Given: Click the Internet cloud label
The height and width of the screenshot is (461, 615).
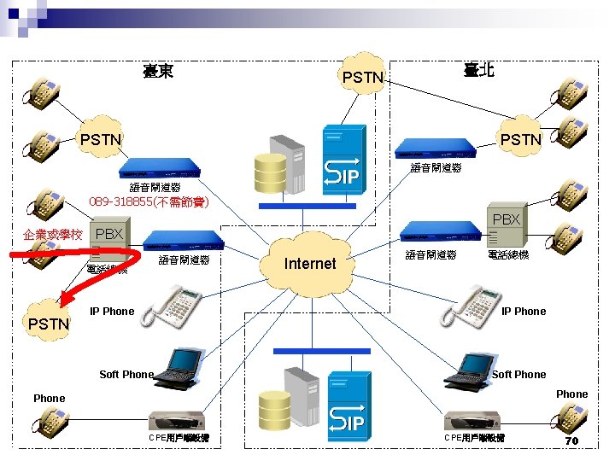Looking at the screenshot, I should pos(309,264).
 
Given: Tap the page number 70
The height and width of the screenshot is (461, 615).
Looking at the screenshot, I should pos(573,441).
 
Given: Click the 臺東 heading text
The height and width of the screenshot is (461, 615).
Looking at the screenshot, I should pos(158,72).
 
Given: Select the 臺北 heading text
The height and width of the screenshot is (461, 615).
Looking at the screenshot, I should pos(478,72).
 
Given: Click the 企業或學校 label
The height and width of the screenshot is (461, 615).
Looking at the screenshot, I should pos(53,234).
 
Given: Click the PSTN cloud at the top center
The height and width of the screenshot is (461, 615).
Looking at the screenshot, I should pos(362,79).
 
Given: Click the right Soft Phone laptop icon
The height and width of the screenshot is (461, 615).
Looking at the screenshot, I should pos(467,365).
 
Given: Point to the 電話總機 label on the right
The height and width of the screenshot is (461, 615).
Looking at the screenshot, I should pos(507,254).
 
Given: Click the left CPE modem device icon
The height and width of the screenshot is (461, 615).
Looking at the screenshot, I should pos(176,420).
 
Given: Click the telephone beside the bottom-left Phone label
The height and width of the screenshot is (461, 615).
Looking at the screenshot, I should pos(50,423).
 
